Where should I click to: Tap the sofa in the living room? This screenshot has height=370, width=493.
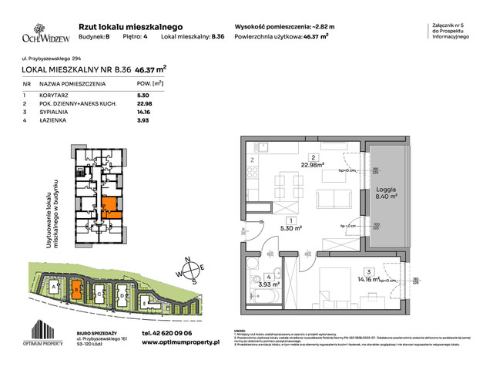[x=331, y=204]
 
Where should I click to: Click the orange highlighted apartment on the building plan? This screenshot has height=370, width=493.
[x=110, y=206]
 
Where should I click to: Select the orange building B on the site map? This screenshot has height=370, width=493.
[x=76, y=289]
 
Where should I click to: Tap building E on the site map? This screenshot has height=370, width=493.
[x=145, y=301]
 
